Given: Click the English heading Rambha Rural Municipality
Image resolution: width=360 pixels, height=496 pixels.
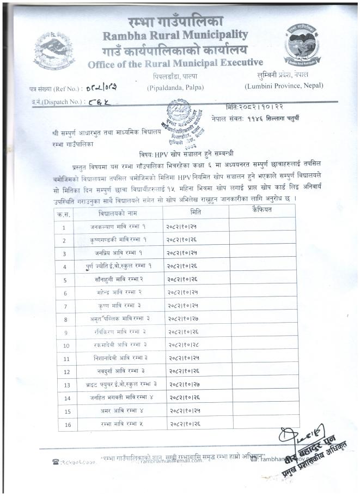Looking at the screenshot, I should point(174,36).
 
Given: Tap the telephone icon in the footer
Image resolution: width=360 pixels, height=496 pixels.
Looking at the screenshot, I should point(56,462).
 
